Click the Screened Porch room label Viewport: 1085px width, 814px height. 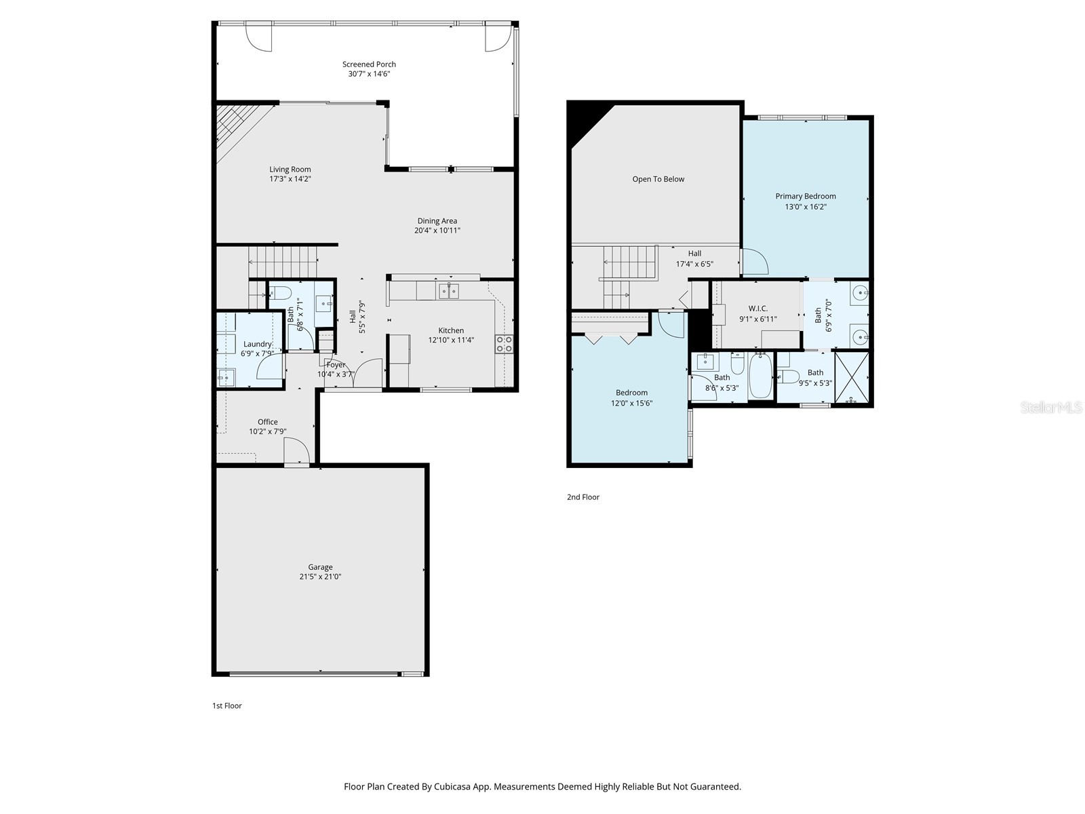(369, 64)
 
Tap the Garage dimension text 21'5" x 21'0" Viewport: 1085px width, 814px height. (320, 577)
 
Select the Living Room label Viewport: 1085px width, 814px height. (290, 170)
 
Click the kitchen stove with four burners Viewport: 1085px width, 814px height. (504, 343)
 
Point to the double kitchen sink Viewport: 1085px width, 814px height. (449, 292)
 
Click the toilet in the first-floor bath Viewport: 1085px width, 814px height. (280, 293)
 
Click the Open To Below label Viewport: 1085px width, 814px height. (658, 179)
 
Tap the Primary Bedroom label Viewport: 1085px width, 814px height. (806, 196)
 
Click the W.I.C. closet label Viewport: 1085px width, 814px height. (757, 309)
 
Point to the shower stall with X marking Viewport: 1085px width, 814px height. (852, 378)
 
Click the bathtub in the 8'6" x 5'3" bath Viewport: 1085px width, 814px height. (760, 377)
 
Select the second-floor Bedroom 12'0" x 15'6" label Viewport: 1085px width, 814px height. (631, 393)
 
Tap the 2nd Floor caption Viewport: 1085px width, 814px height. (583, 497)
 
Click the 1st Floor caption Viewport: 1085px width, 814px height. (226, 705)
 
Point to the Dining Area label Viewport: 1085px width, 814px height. (437, 220)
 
